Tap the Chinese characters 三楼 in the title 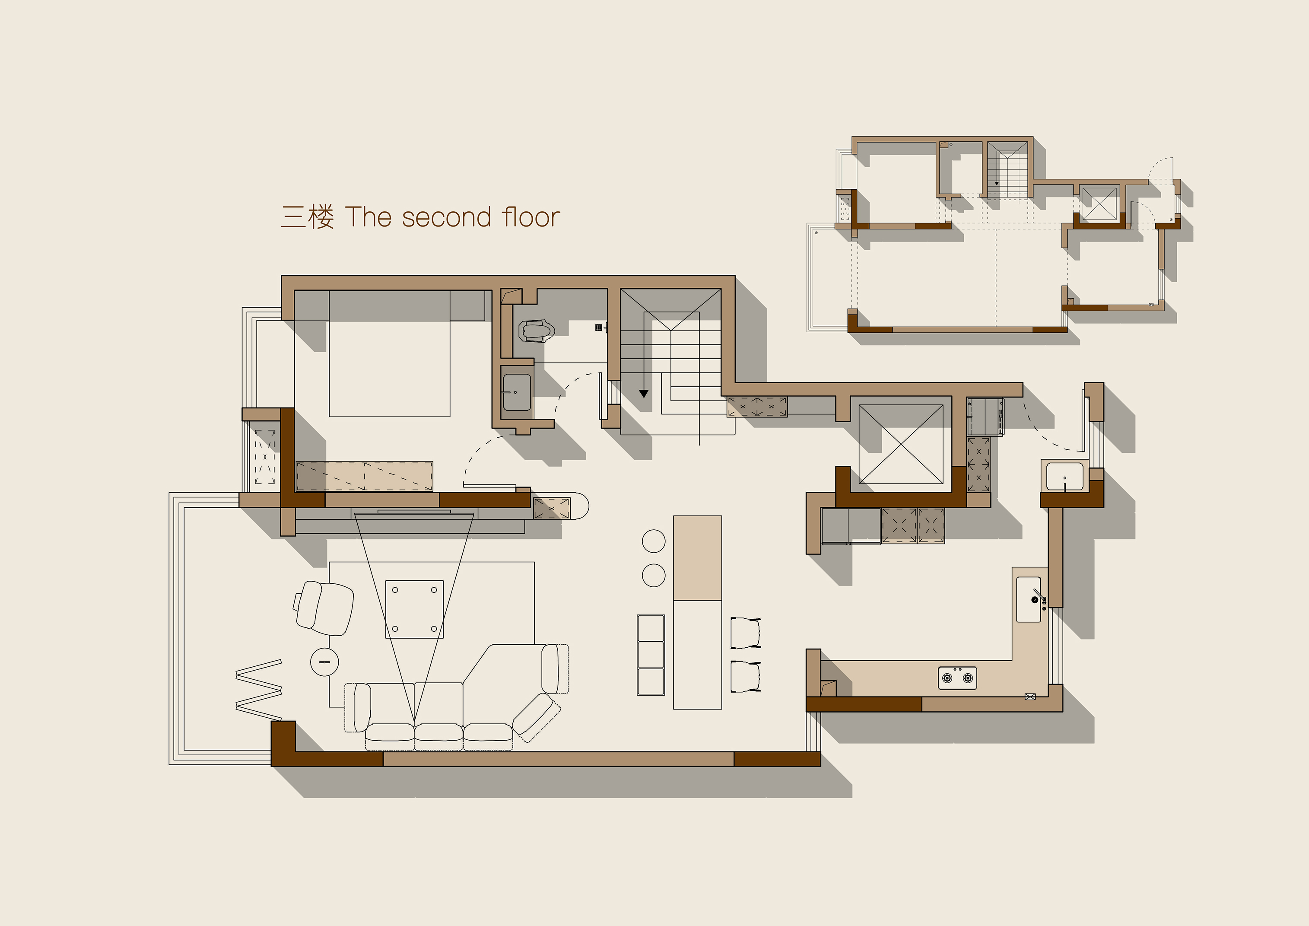(307, 217)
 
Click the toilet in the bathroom (537, 331)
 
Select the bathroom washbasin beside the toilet (517, 392)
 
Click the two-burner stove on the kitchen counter (957, 678)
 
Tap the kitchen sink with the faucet (1029, 599)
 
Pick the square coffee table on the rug (414, 609)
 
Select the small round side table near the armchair (324, 662)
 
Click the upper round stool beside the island (653, 541)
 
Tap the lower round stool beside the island (653, 575)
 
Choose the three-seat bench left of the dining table (651, 655)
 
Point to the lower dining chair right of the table (746, 676)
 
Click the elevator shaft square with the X (901, 444)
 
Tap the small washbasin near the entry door (1064, 476)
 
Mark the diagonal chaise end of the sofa (535, 717)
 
